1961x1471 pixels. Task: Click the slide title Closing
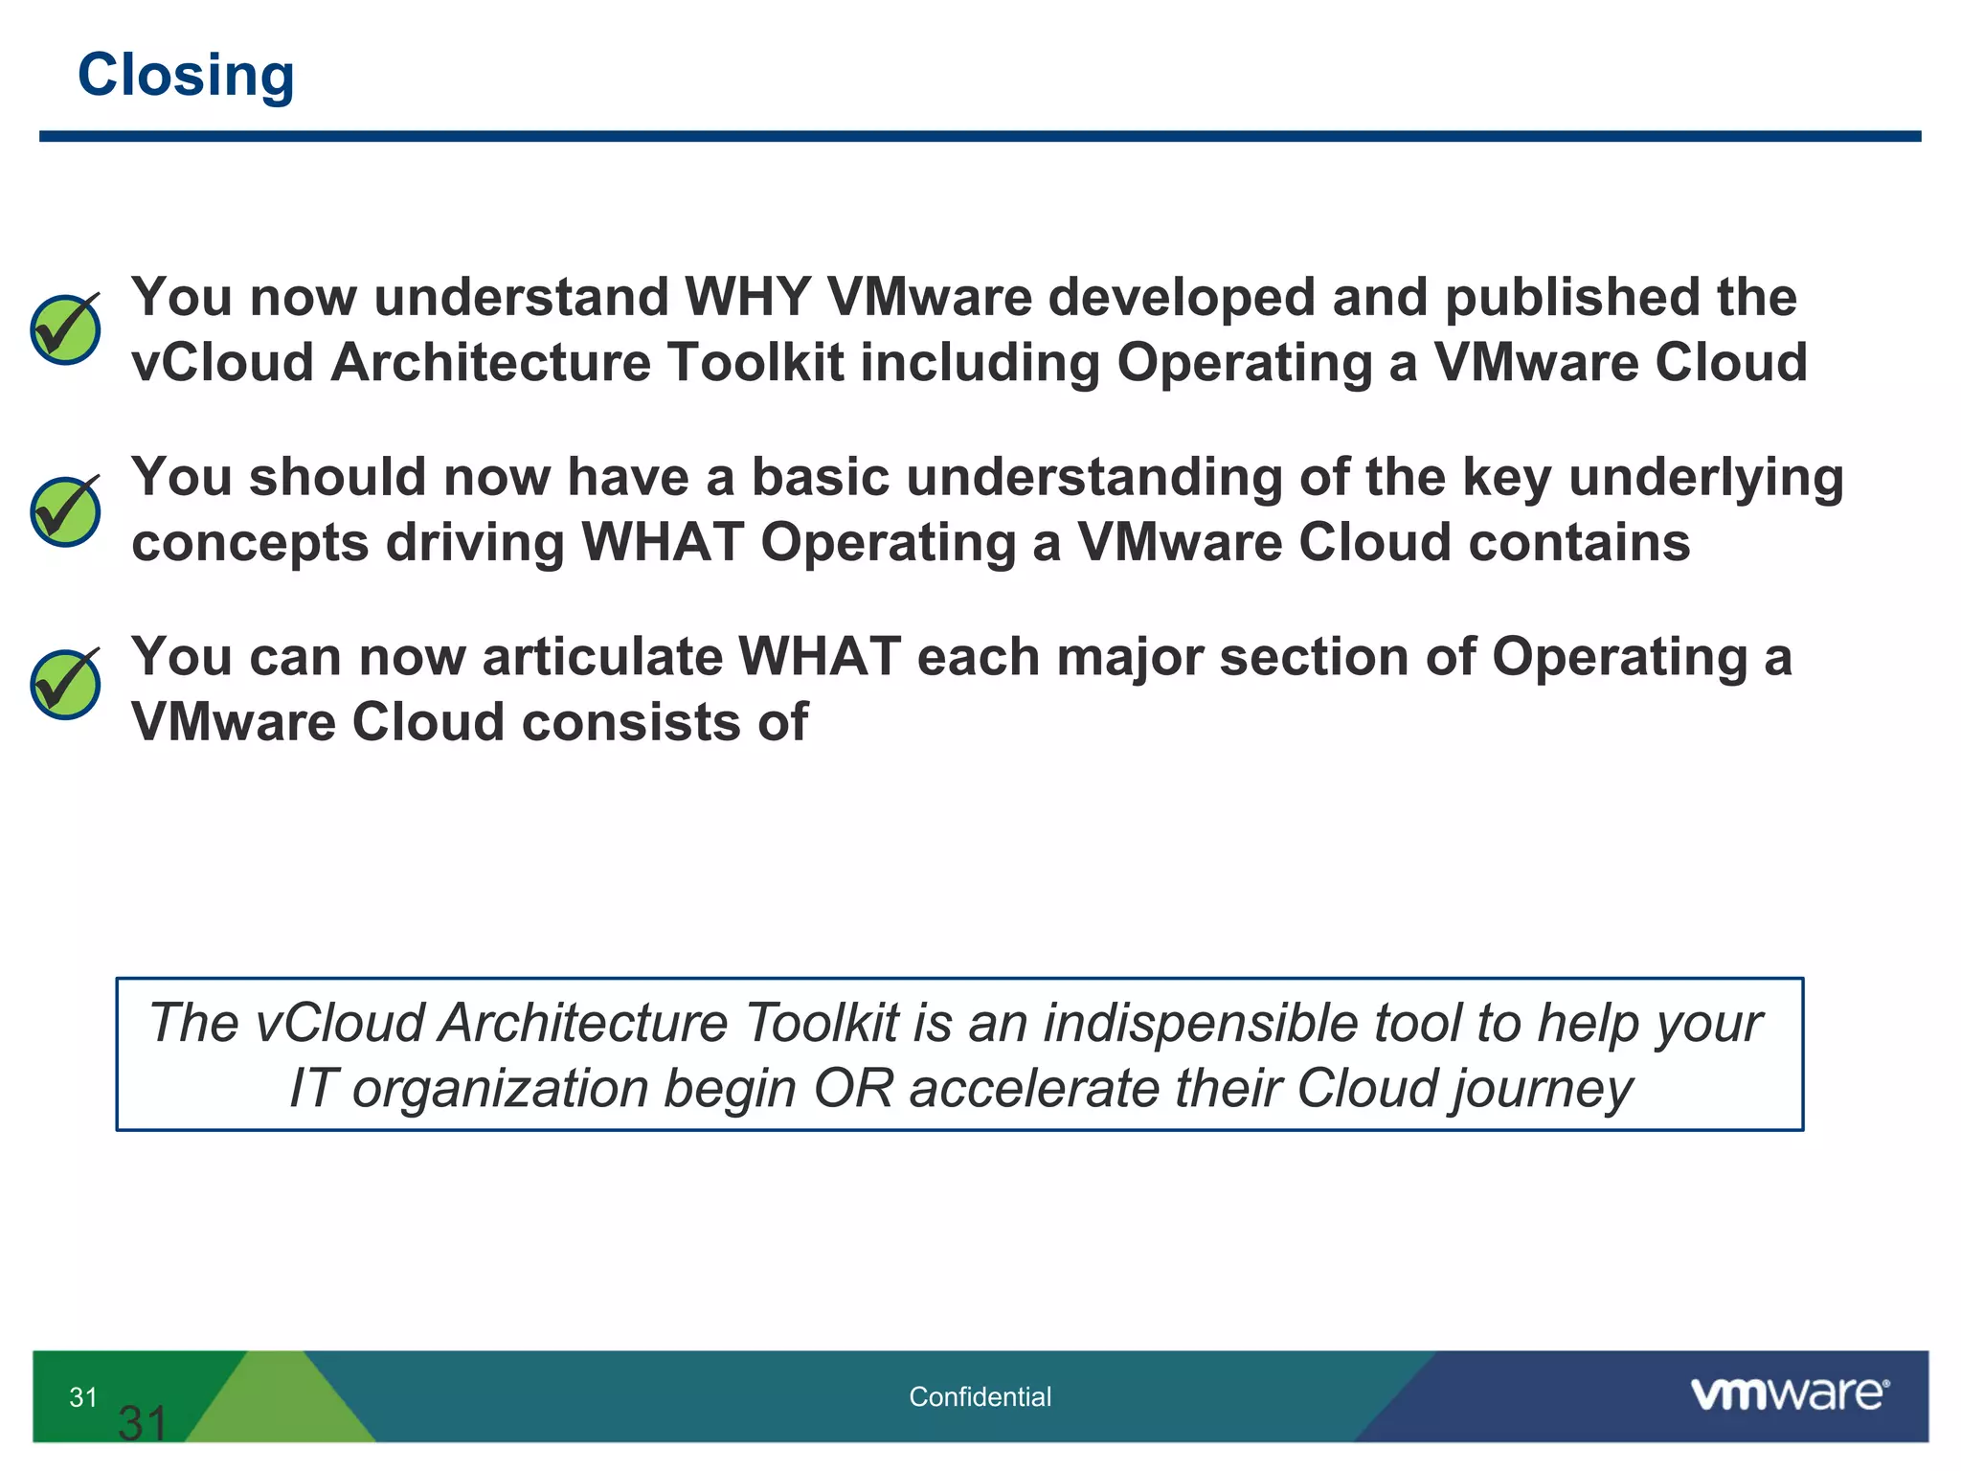pos(186,76)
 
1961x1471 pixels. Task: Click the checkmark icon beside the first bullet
pos(65,329)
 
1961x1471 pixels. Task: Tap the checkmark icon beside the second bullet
pos(65,511)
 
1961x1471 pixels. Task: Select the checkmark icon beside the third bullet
pos(65,684)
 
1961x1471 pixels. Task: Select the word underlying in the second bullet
pos(1705,477)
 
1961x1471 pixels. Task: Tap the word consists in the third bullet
pos(632,722)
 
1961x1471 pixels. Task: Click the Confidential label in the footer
pos(980,1397)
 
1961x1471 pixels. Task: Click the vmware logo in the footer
pos(1789,1393)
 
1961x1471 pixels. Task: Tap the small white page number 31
pos(83,1397)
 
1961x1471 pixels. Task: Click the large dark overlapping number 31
pos(143,1424)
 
